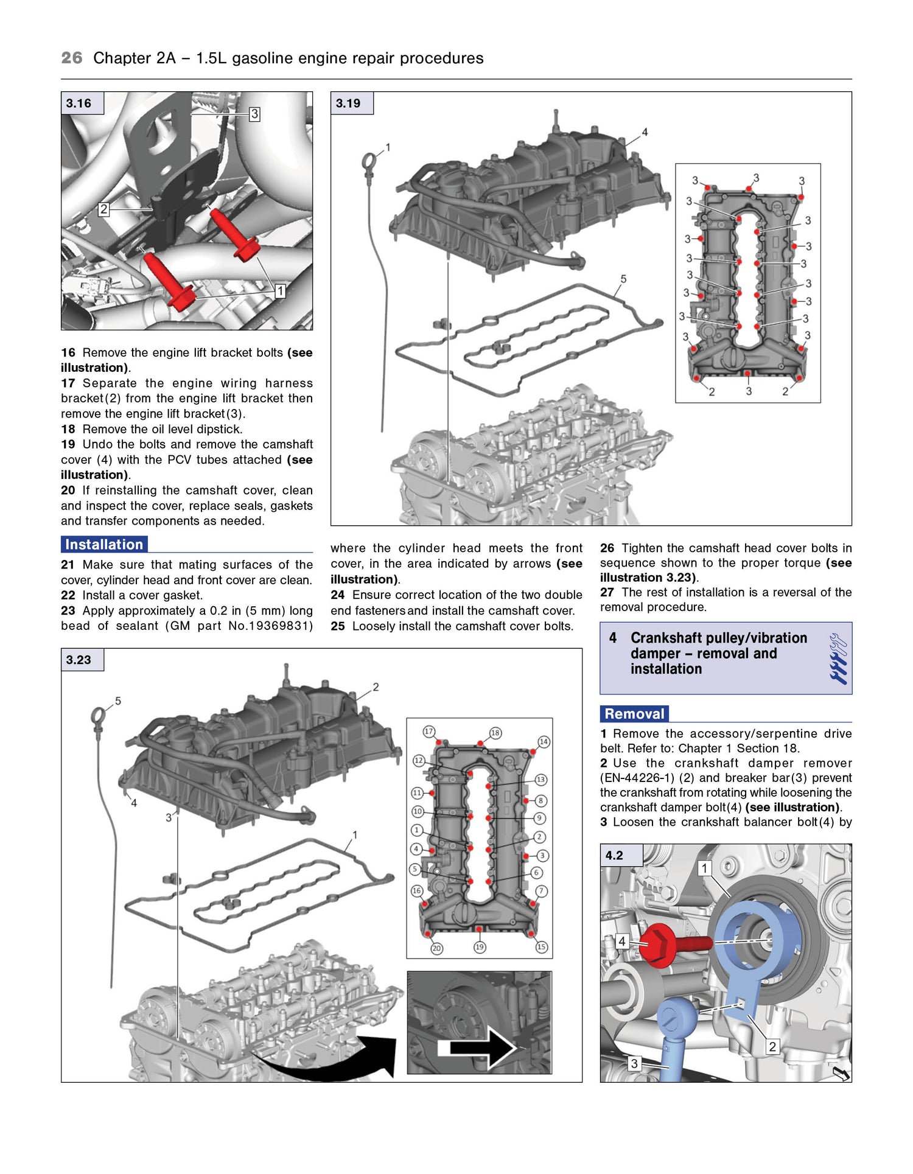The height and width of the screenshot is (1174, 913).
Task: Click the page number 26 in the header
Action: click(x=71, y=58)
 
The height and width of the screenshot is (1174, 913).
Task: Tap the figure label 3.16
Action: click(x=79, y=103)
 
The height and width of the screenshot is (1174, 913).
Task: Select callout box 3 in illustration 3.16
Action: click(x=254, y=114)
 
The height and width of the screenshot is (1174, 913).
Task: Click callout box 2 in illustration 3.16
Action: click(x=103, y=209)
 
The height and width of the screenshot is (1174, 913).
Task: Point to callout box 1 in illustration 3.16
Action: click(x=279, y=291)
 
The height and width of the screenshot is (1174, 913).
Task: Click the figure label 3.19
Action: click(x=349, y=103)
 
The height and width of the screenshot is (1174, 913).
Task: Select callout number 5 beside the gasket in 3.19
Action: click(x=623, y=279)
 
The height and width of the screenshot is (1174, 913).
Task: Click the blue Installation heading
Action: click(x=104, y=545)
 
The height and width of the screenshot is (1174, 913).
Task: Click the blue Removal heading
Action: click(x=634, y=714)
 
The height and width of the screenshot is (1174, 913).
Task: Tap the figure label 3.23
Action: click(x=79, y=660)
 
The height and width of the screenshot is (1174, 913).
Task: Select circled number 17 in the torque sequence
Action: click(x=429, y=731)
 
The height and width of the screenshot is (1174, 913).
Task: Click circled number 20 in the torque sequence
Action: click(x=436, y=948)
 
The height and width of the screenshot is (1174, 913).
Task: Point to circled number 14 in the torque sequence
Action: click(x=544, y=742)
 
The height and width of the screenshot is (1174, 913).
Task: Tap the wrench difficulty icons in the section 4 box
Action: click(x=838, y=659)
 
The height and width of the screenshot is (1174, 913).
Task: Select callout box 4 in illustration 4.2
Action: click(x=621, y=942)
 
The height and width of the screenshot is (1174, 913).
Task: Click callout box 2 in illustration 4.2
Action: click(x=772, y=1046)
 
